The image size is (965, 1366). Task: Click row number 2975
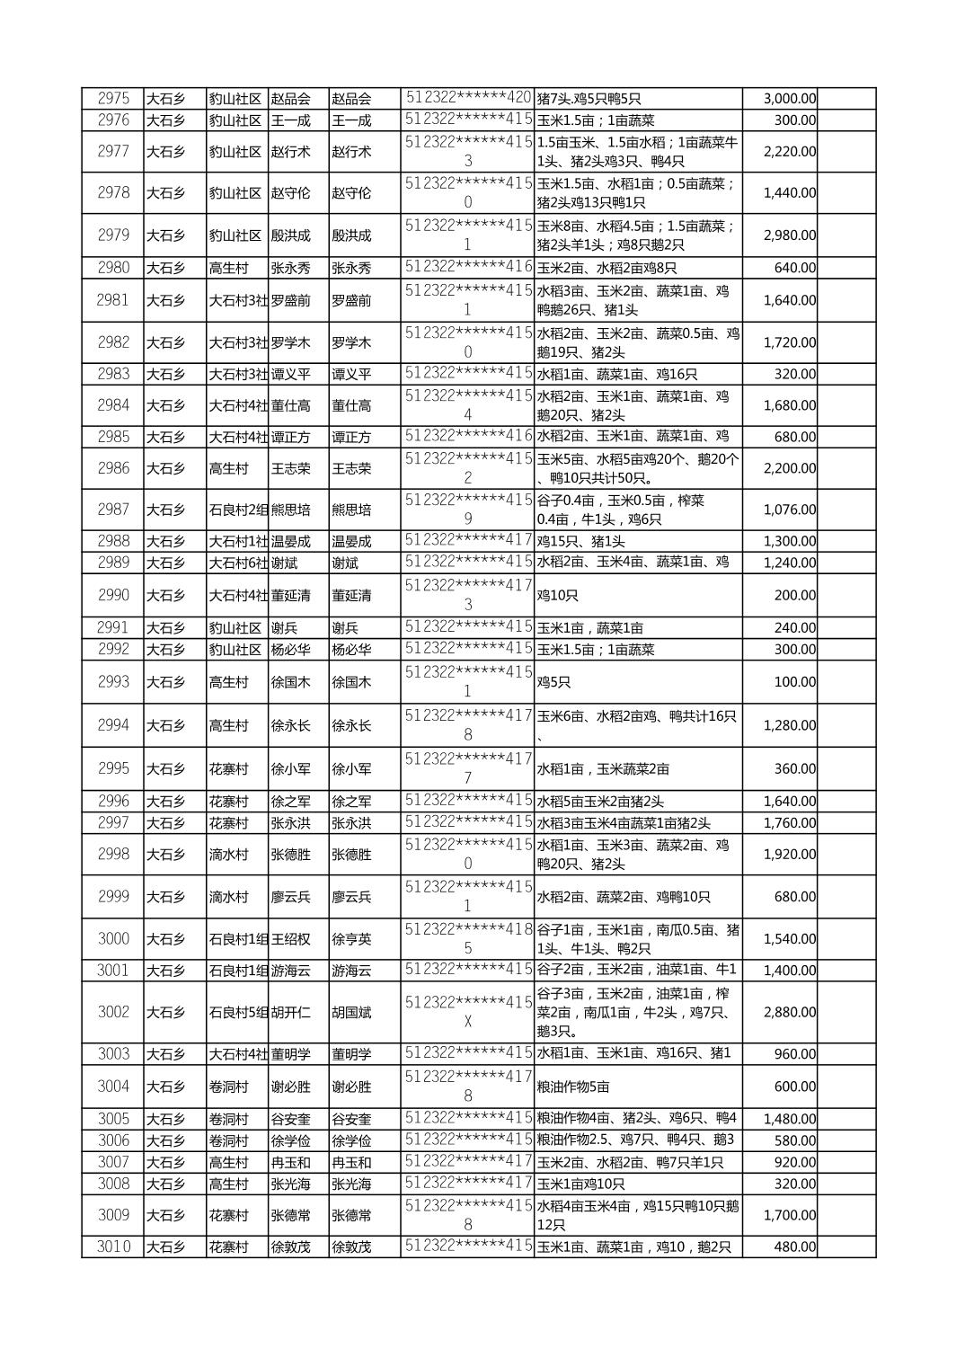coord(113,99)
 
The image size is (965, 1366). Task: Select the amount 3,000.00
coord(789,99)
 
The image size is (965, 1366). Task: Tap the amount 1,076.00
coord(789,510)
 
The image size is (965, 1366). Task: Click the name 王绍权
coord(290,939)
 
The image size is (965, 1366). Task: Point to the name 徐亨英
coord(351,939)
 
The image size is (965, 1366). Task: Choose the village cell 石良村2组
coord(238,510)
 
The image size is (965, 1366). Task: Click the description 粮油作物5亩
coord(573,1087)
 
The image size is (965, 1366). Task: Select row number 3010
coord(113,1246)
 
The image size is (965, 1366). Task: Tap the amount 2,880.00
coord(789,1012)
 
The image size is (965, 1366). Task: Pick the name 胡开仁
coord(290,1012)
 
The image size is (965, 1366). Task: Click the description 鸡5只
coord(553,682)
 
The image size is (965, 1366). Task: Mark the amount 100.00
coord(794,682)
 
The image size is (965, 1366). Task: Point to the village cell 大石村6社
coord(238,563)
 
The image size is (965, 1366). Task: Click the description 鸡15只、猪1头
coord(580,541)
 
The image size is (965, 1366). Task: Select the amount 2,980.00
coord(789,235)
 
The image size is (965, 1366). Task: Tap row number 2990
coord(113,595)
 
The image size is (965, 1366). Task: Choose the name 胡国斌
coord(351,1012)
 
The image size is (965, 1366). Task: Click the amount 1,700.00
coord(789,1215)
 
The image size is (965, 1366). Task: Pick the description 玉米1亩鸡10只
coord(580,1184)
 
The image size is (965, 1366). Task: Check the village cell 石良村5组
coord(238,1012)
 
